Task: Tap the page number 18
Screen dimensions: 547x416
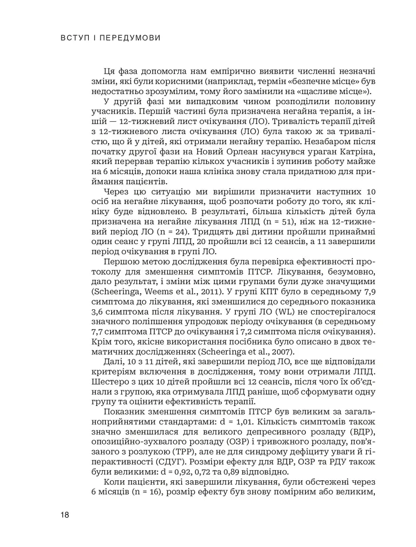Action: click(65, 515)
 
